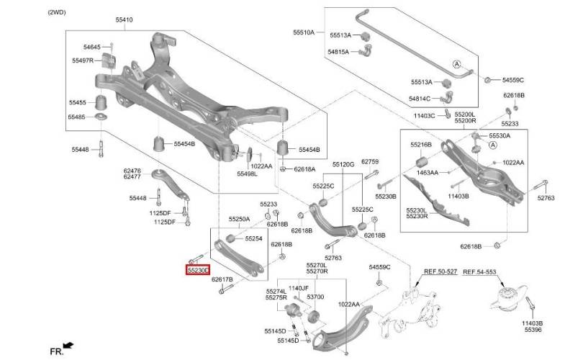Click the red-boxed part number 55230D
click(x=198, y=271)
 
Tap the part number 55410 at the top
click(x=124, y=19)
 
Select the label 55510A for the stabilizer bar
click(x=304, y=32)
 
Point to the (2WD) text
click(x=57, y=12)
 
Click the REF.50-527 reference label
click(x=440, y=272)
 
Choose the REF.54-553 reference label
click(x=479, y=272)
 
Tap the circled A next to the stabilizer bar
click(x=456, y=64)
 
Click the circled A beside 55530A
click(x=493, y=145)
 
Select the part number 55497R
click(x=83, y=60)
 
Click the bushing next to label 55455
click(x=101, y=102)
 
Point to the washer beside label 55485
click(x=101, y=117)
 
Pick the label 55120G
click(x=343, y=164)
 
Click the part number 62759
click(x=370, y=162)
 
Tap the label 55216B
click(x=421, y=145)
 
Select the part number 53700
click(x=315, y=297)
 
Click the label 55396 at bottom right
click(x=533, y=330)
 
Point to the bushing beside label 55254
click(x=230, y=238)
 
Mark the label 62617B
click(x=222, y=279)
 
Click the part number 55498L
click(x=248, y=174)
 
